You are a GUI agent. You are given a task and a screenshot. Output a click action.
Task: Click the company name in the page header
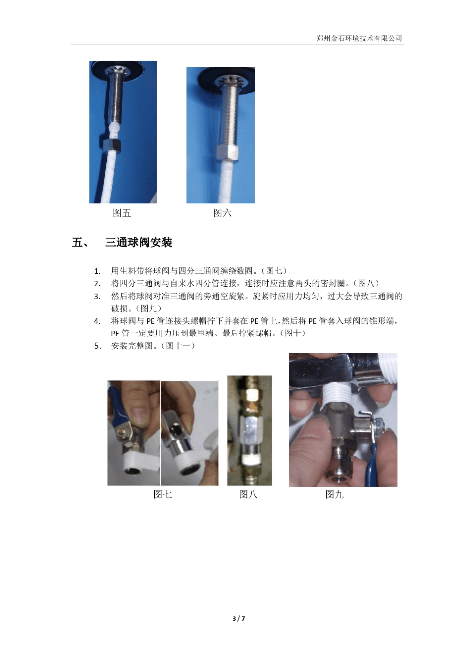point(359,38)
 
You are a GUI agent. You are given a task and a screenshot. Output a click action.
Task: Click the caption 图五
point(122,213)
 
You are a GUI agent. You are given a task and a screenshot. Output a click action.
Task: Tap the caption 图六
point(222,213)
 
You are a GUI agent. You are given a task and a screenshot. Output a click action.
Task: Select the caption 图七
point(162,495)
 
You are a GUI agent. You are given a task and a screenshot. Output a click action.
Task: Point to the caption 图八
point(248,495)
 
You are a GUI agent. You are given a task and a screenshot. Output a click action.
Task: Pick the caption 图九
point(334,495)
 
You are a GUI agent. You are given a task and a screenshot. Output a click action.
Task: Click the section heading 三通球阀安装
point(139,243)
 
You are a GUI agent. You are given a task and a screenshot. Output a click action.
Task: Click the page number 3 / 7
point(239,619)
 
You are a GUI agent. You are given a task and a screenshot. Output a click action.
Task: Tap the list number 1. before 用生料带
point(97,271)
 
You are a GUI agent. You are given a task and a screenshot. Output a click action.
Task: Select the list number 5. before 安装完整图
point(97,346)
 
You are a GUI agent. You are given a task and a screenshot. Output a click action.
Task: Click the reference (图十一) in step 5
point(178,346)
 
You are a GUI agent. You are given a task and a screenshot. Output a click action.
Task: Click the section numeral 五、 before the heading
point(80,243)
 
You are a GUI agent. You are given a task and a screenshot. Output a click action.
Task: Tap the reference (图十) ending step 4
point(292,334)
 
